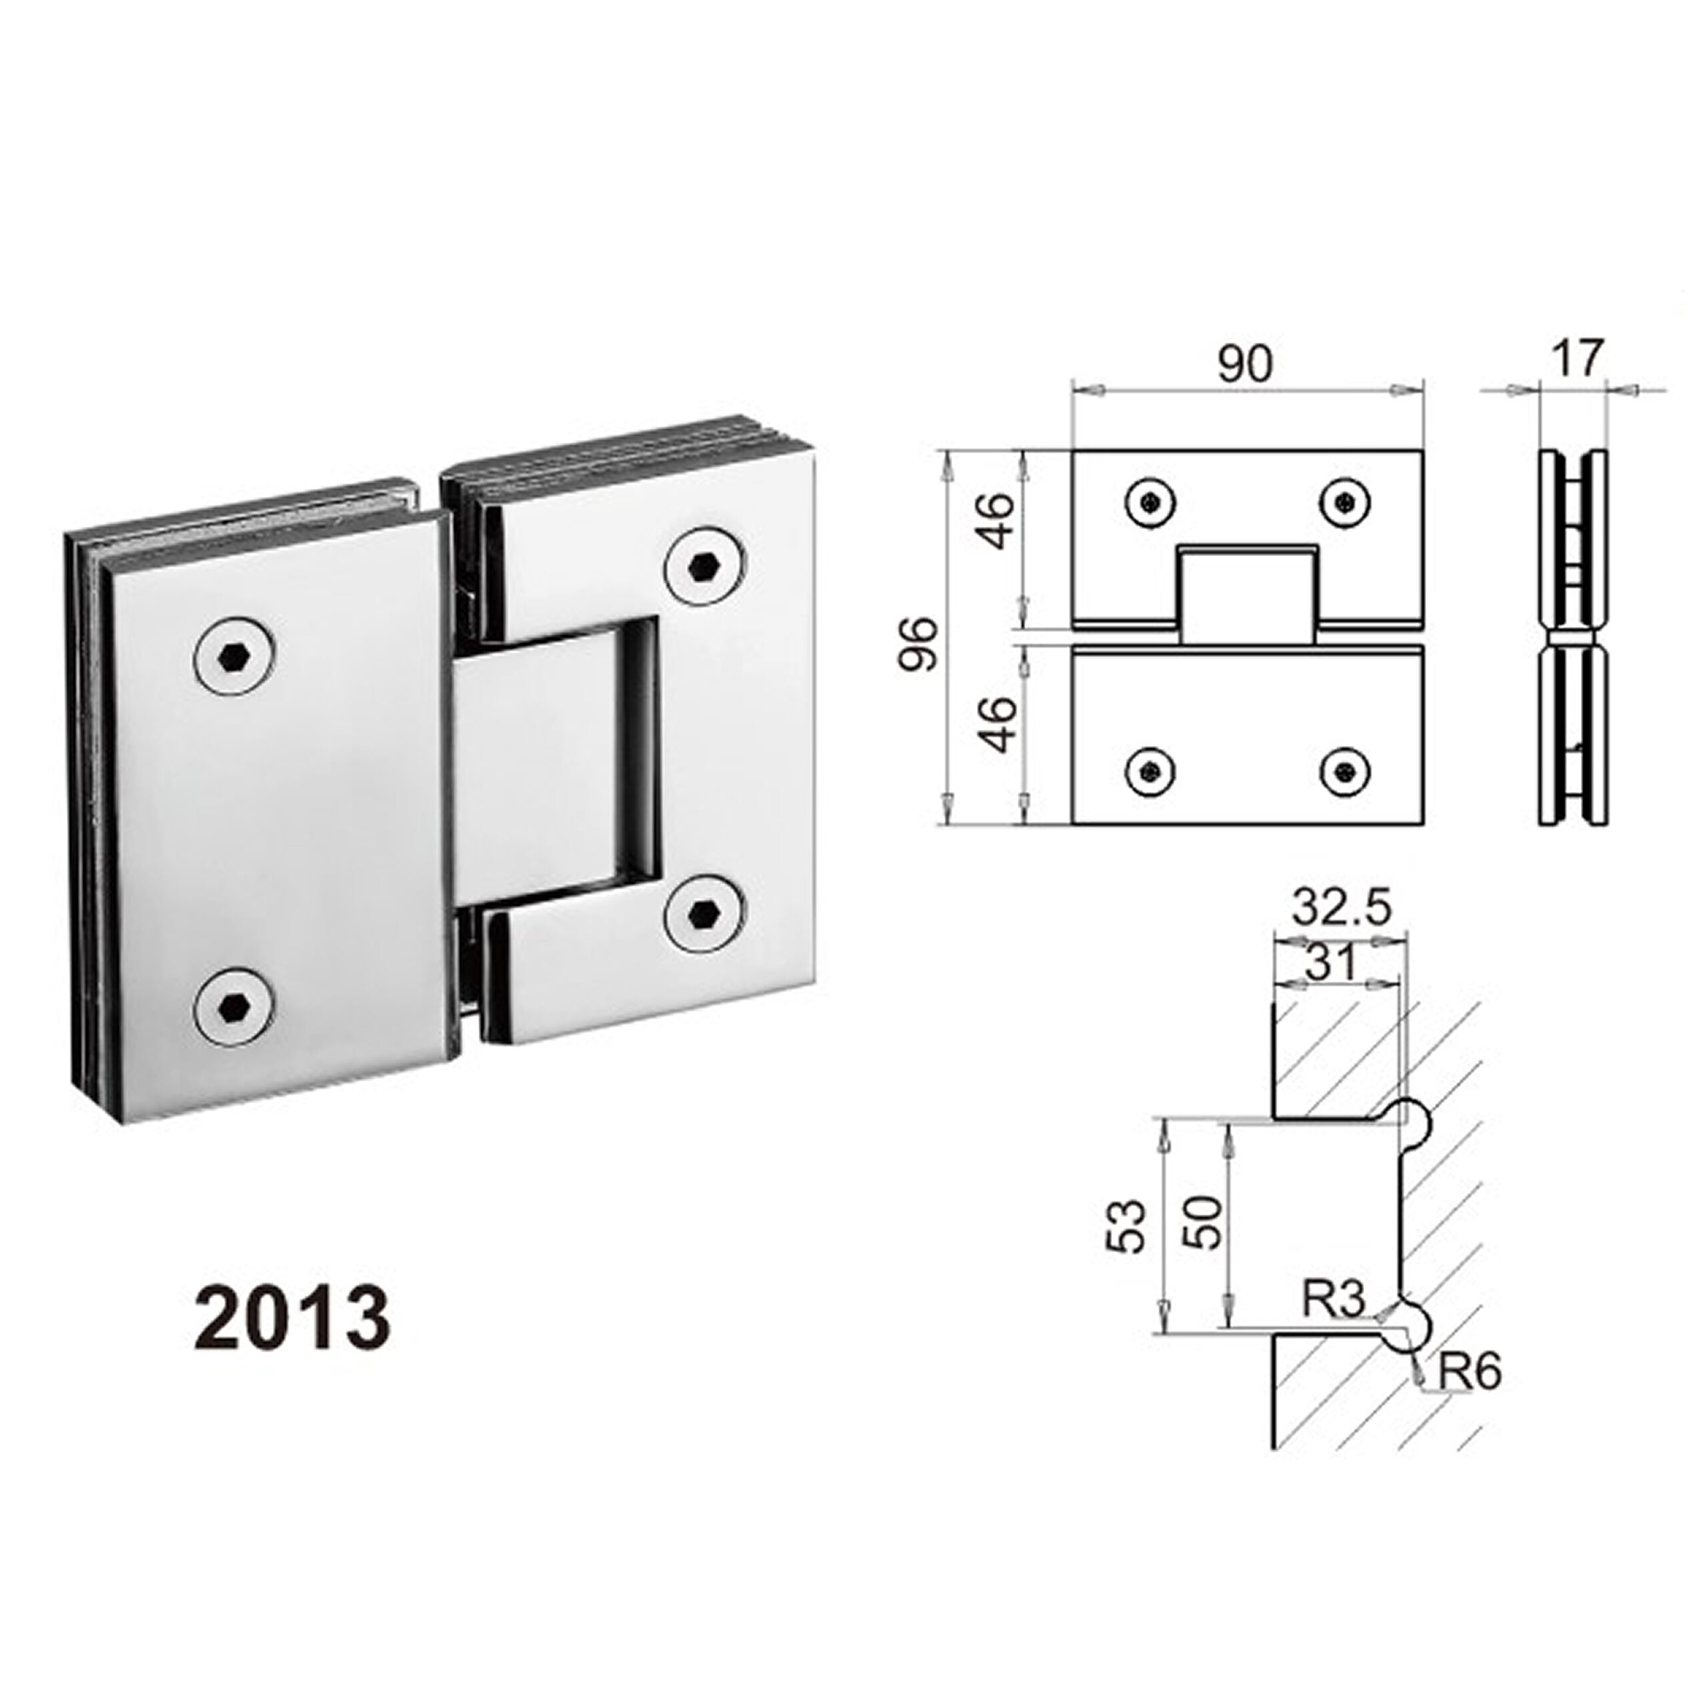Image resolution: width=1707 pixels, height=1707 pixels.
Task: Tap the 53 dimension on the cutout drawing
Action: coord(1128,1226)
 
